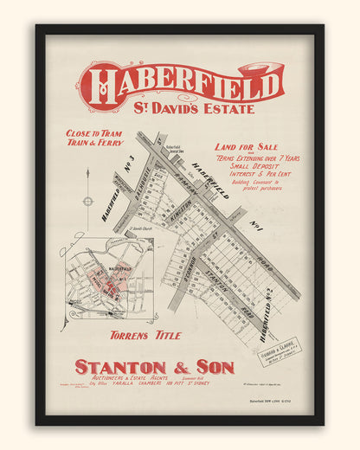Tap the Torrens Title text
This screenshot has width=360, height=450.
coord(138,333)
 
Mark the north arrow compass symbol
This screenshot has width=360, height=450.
coord(87,201)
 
